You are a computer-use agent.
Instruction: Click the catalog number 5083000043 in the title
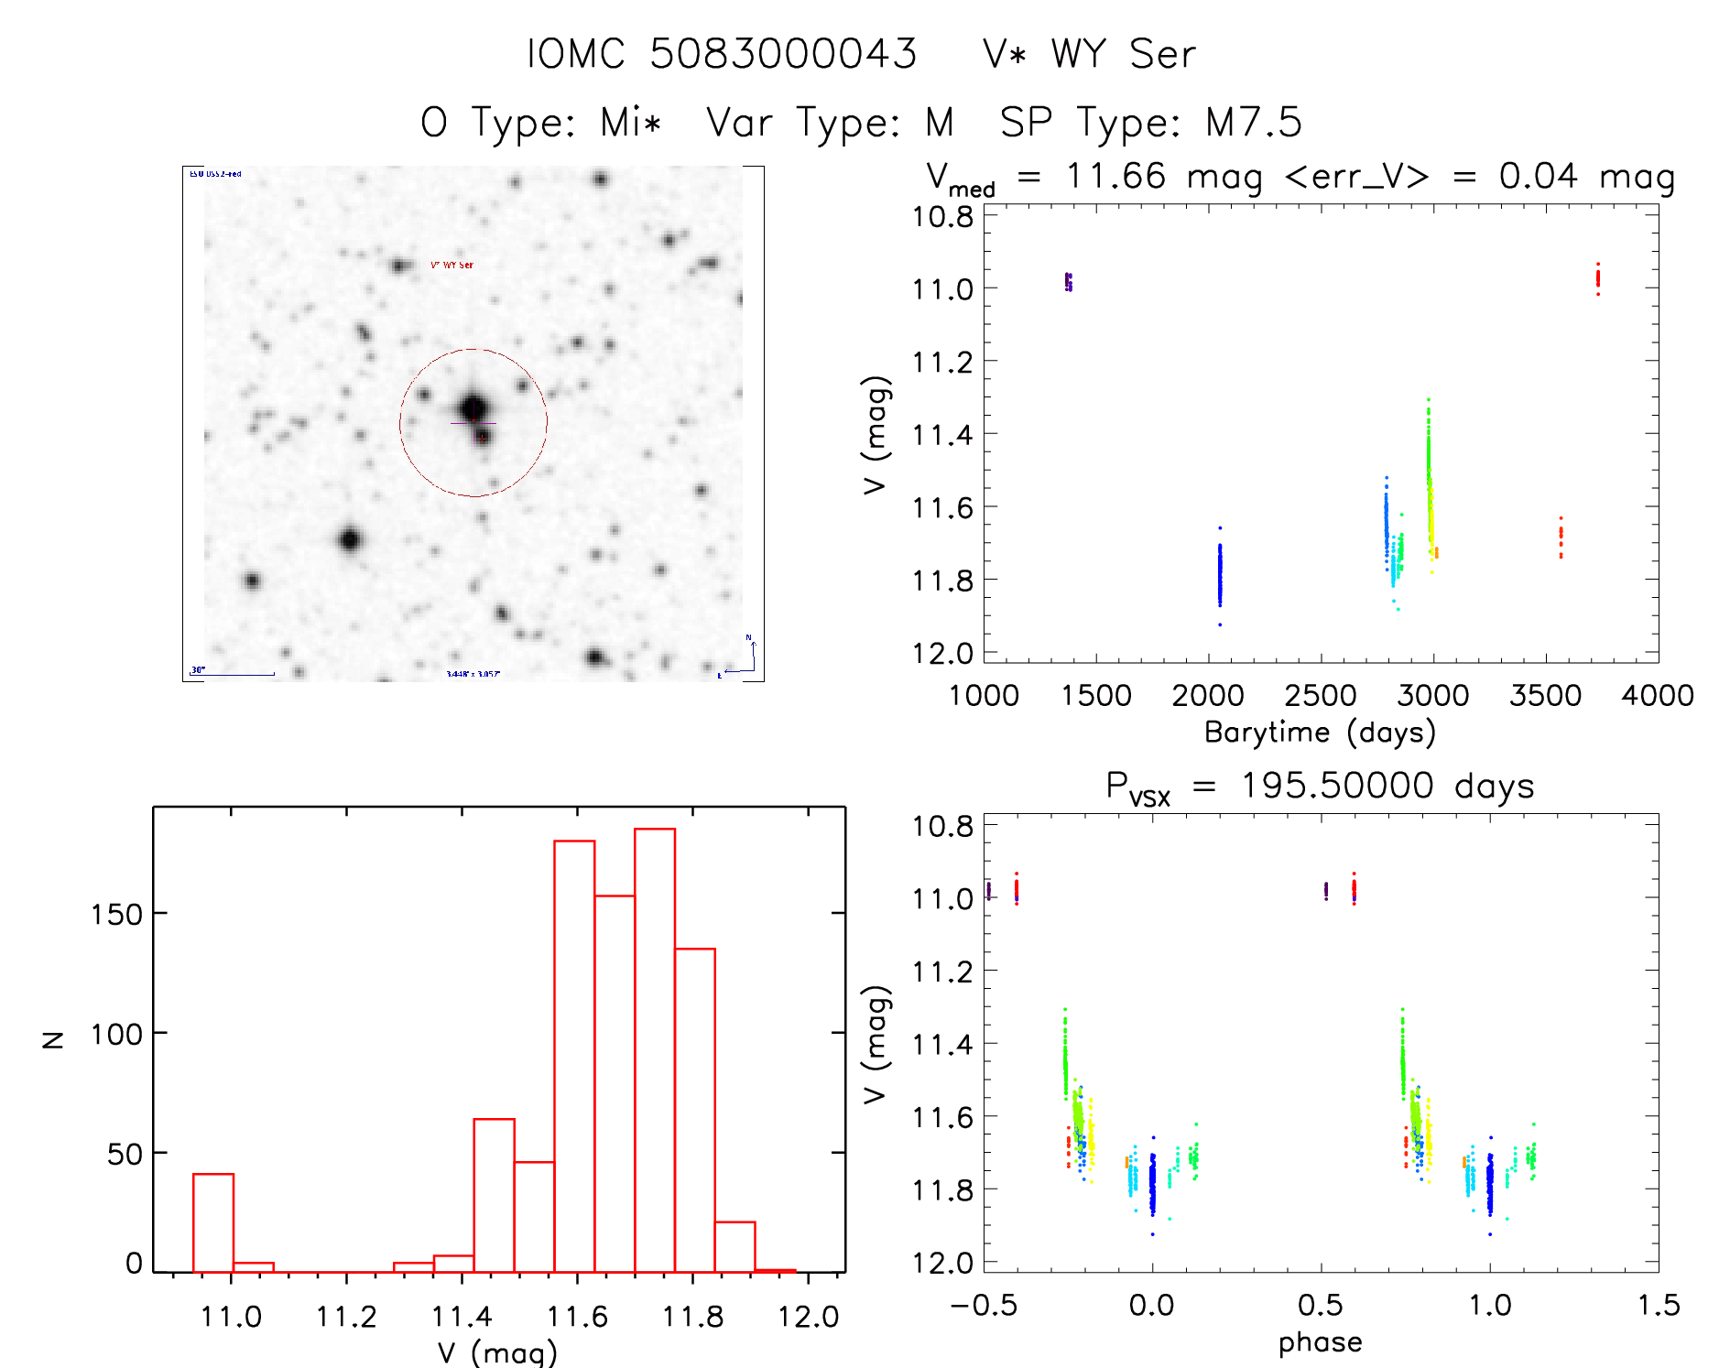tap(783, 54)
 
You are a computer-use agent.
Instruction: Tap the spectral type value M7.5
tap(1253, 123)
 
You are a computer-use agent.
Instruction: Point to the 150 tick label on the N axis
tap(116, 914)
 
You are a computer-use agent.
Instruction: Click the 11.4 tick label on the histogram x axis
tap(462, 1317)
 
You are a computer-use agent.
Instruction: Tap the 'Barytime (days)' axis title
tap(1320, 733)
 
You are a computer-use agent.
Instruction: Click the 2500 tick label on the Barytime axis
tap(1320, 696)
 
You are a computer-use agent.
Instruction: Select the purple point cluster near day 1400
tap(1068, 281)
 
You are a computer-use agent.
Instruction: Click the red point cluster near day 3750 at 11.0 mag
tap(1598, 277)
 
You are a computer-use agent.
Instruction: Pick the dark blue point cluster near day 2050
tap(1220, 575)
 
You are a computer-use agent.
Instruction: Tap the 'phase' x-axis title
tap(1320, 1342)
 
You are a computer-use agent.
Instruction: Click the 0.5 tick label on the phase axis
tap(1320, 1305)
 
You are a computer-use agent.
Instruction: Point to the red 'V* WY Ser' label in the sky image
tap(452, 266)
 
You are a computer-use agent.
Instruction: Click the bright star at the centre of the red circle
tap(473, 408)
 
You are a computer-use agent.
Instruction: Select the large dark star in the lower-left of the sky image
tap(349, 539)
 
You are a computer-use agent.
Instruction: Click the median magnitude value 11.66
tap(1115, 176)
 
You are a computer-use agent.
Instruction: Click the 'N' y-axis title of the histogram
tap(53, 1039)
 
